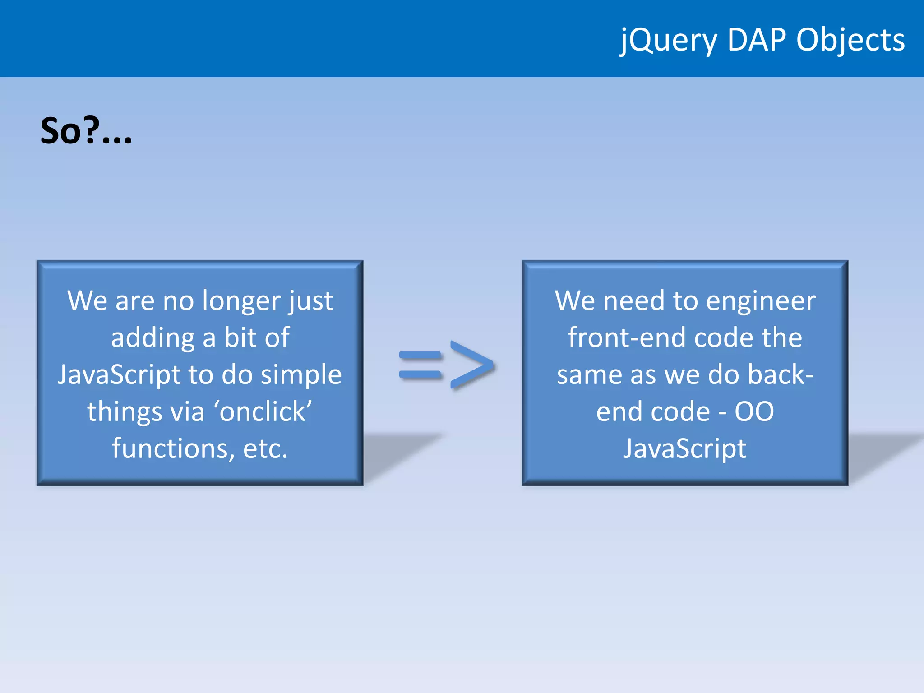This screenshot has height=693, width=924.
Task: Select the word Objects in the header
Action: click(x=850, y=41)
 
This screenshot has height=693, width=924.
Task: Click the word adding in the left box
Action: click(x=153, y=338)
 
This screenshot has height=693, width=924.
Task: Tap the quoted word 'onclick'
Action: click(x=263, y=411)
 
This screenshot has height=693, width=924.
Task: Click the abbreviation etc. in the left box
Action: click(x=265, y=448)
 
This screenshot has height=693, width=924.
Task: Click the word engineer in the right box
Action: click(x=761, y=301)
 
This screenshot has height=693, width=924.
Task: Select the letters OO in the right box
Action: click(x=754, y=411)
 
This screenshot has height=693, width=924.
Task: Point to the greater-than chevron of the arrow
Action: click(x=472, y=365)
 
